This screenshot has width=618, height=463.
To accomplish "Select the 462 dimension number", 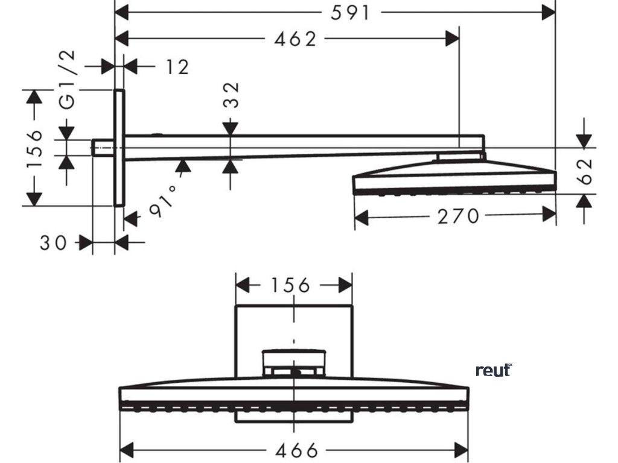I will pos(295,40).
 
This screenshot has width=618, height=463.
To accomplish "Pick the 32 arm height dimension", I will pos(233,95).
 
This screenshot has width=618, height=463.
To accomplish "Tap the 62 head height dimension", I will pos(584,171).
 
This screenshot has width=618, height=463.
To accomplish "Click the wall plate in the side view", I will pos(119,148).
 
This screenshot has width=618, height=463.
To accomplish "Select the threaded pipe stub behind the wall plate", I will pos(103,148).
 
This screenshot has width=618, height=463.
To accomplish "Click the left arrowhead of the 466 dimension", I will pos(126,450).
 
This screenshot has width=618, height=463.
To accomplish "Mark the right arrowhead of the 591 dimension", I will pos(550,12).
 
